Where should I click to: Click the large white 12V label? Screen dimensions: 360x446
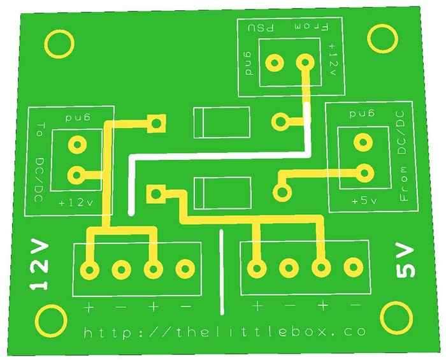[40, 265]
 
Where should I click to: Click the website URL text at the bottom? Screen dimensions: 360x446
[225, 331]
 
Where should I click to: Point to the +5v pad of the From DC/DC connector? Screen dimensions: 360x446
[364, 171]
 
